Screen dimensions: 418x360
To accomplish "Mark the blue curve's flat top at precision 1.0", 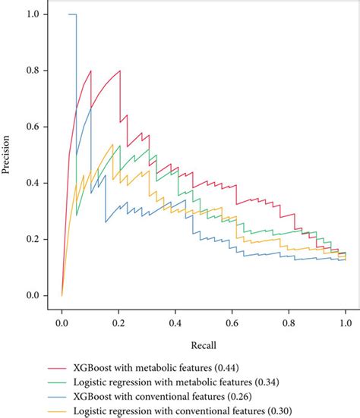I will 72,14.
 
